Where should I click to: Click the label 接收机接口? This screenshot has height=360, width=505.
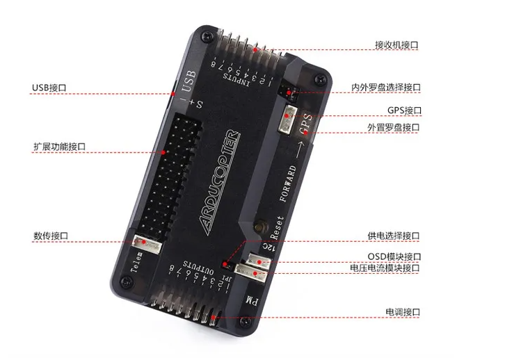(396, 44)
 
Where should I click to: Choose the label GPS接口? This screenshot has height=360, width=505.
(404, 110)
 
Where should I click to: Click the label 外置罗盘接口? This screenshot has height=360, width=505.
(394, 127)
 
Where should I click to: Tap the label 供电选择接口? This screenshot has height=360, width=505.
(394, 236)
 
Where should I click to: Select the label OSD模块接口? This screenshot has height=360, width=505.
(394, 256)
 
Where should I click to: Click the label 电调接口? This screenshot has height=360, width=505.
(403, 313)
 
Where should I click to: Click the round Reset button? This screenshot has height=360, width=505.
(262, 227)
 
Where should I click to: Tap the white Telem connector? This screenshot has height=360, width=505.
(146, 243)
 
